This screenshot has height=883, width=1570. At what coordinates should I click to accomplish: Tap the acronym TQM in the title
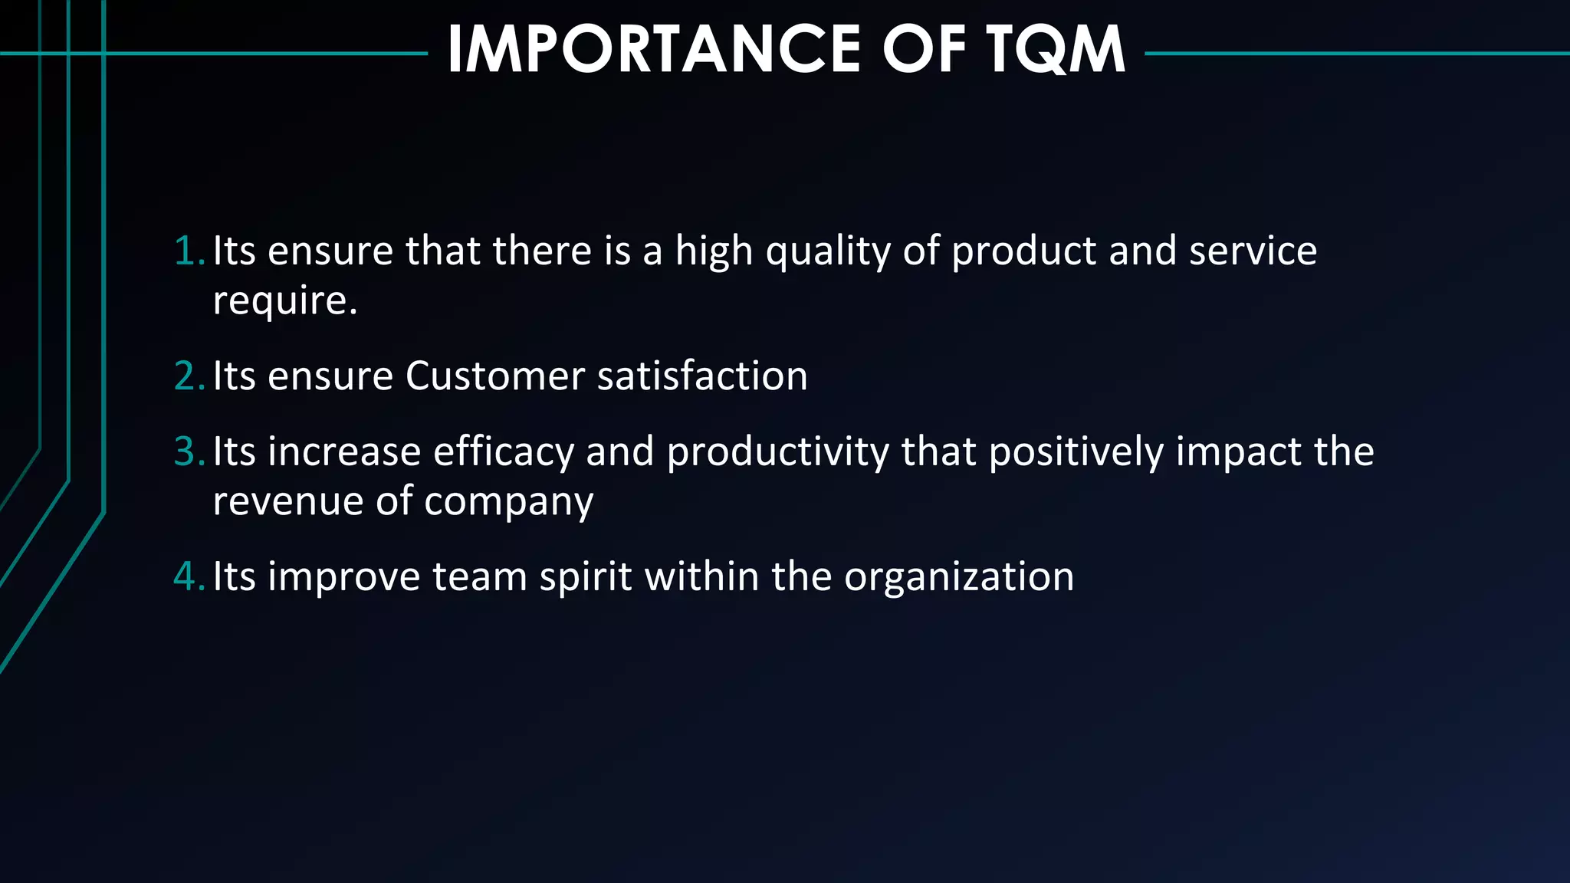(x=1056, y=50)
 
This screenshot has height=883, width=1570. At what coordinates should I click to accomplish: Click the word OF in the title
(x=924, y=50)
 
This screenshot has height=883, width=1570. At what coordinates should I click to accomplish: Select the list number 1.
(x=189, y=251)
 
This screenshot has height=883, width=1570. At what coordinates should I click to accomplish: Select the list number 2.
(x=189, y=376)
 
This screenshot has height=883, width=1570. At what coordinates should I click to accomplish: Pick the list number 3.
(x=189, y=451)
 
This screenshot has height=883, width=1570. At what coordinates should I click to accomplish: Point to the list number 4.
(x=189, y=576)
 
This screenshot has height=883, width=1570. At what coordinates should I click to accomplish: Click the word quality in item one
(x=827, y=251)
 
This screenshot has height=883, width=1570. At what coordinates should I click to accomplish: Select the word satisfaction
(x=702, y=376)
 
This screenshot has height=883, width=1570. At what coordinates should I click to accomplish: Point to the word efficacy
(x=503, y=451)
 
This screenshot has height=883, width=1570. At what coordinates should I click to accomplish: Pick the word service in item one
(x=1253, y=251)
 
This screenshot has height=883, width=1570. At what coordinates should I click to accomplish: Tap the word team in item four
(x=479, y=576)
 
